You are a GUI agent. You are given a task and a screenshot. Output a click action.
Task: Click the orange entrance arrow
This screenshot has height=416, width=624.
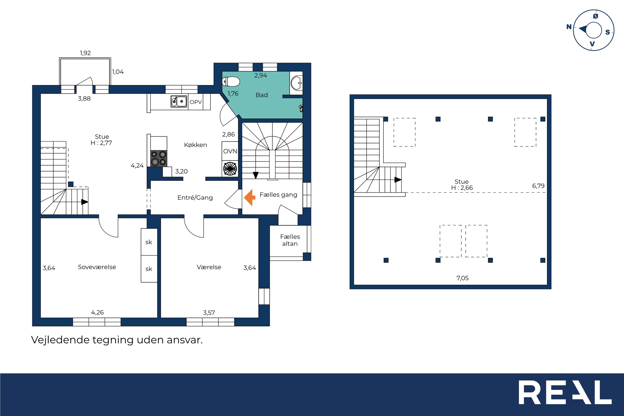(x=250, y=197)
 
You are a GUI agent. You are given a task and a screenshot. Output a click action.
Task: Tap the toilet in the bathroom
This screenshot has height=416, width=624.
(x=231, y=82)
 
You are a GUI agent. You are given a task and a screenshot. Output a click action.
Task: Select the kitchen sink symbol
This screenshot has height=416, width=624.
(x=179, y=101)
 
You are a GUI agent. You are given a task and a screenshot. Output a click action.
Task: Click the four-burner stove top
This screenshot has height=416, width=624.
(x=159, y=158)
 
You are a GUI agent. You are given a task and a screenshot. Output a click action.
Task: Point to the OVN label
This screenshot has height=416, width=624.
(x=230, y=151)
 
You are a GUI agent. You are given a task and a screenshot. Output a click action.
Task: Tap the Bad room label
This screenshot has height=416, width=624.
(x=262, y=95)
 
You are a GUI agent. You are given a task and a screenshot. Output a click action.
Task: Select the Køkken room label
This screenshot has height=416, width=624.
(x=195, y=145)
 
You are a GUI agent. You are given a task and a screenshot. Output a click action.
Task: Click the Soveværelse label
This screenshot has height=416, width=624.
(x=97, y=267)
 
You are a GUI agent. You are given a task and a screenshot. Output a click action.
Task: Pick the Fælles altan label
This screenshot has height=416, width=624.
(x=290, y=240)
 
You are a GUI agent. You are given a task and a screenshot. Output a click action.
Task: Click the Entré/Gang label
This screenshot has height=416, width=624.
(x=195, y=197)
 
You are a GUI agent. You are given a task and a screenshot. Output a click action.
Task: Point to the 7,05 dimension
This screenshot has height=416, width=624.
(x=462, y=278)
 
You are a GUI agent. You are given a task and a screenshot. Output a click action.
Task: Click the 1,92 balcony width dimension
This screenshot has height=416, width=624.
(x=85, y=53)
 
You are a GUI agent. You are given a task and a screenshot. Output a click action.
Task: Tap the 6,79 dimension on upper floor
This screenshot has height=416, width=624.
(x=538, y=186)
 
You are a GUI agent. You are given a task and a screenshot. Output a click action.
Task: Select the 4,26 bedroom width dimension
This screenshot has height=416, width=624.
(x=97, y=313)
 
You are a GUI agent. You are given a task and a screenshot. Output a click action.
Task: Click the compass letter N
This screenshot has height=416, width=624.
(x=569, y=27)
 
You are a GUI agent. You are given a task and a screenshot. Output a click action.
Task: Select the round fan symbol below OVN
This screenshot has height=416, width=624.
(x=230, y=169)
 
